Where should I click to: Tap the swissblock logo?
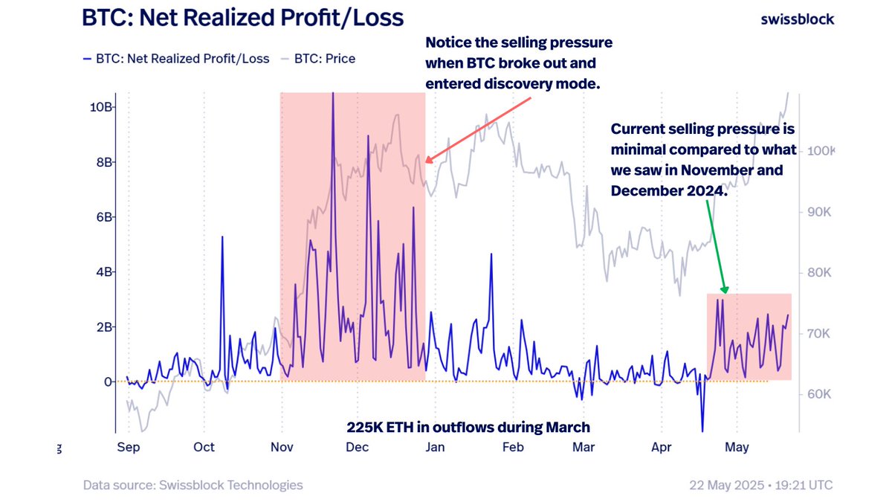pos(797,19)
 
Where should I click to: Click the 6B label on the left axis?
pos(103,217)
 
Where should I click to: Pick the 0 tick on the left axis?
pos(108,382)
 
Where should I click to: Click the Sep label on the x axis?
pos(129,447)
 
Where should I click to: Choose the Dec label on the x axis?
pos(358,447)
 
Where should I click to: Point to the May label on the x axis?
pos(736,447)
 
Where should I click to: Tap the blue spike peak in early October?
pos(222,236)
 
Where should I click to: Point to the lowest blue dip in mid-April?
pos(702,431)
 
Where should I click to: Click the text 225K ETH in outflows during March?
pos(468,427)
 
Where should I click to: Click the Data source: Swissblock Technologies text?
pos(193,485)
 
